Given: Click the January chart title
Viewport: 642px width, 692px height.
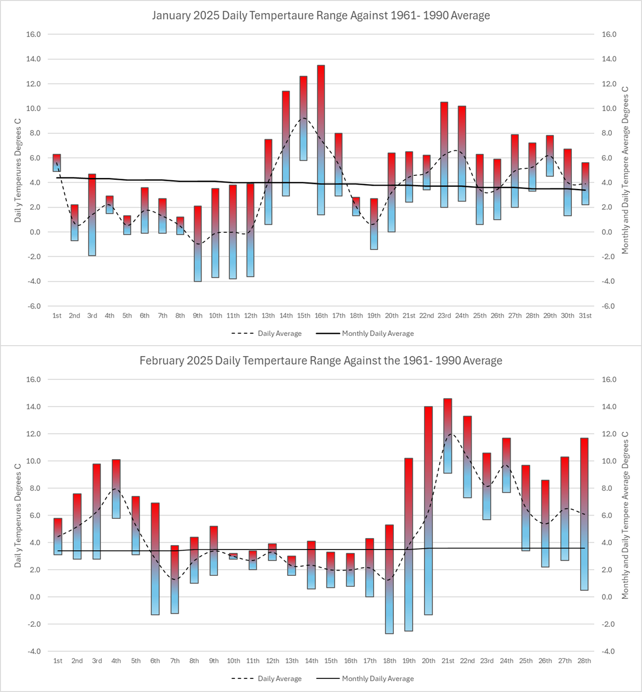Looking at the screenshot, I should click(320, 15).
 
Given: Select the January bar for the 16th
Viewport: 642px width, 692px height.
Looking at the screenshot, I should click(321, 140).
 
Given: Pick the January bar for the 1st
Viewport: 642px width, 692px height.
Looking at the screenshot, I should click(57, 163).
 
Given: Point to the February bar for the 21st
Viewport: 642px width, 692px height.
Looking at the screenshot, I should click(448, 436).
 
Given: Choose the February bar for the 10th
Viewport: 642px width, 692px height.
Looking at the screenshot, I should click(233, 556).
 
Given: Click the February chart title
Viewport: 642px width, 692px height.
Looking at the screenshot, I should click(320, 361).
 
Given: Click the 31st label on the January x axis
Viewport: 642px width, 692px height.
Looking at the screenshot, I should click(585, 316).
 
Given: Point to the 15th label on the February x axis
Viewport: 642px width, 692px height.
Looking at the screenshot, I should click(331, 661).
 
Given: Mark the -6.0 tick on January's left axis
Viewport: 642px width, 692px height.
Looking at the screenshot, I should click(34, 306).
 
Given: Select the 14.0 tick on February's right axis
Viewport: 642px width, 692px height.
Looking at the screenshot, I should click(609, 407).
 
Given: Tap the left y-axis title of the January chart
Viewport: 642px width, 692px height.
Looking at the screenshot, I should click(18, 174).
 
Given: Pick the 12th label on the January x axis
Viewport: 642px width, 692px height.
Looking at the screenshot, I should click(250, 316).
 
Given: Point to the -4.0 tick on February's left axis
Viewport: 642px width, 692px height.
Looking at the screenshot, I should click(34, 651).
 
